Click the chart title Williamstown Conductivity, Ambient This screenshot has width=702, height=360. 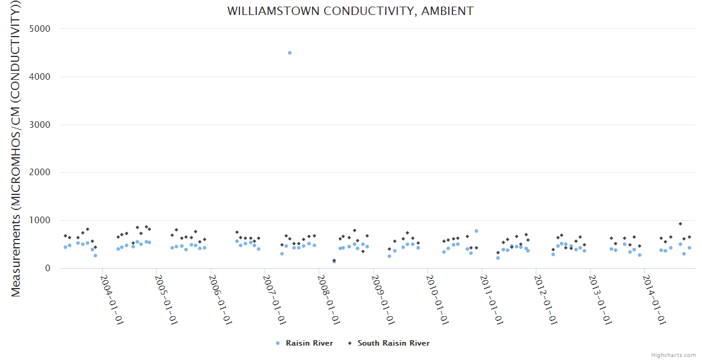pyautogui.click(x=350, y=11)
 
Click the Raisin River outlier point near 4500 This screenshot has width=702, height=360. pyautogui.click(x=290, y=53)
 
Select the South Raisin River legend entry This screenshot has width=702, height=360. pyautogui.click(x=393, y=343)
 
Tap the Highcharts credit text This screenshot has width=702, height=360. pyautogui.click(x=673, y=355)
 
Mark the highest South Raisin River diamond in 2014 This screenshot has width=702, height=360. pyautogui.click(x=680, y=224)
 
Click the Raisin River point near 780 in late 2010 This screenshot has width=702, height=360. pyautogui.click(x=476, y=231)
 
